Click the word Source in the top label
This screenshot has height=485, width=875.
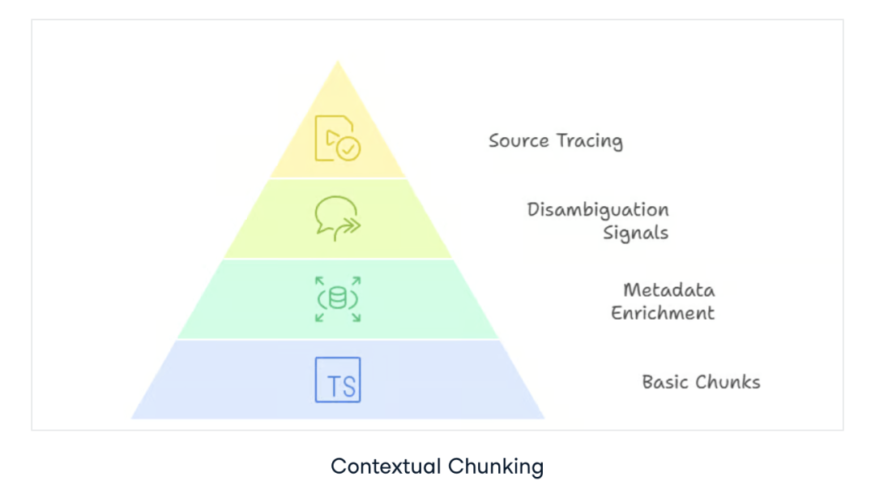[519, 140]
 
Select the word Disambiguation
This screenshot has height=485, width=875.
[598, 210]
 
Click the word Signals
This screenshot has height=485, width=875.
[635, 234]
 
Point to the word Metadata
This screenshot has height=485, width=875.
[668, 290]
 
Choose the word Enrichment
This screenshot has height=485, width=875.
[663, 313]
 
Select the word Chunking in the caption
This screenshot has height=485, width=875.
[495, 466]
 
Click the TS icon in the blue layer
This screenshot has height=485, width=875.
[338, 380]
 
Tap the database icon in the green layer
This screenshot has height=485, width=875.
[338, 298]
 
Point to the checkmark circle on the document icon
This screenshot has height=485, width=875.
[349, 149]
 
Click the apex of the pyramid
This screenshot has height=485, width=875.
[338, 62]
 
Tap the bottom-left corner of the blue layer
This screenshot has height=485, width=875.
[132, 418]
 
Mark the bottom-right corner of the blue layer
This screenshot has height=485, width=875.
[544, 418]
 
